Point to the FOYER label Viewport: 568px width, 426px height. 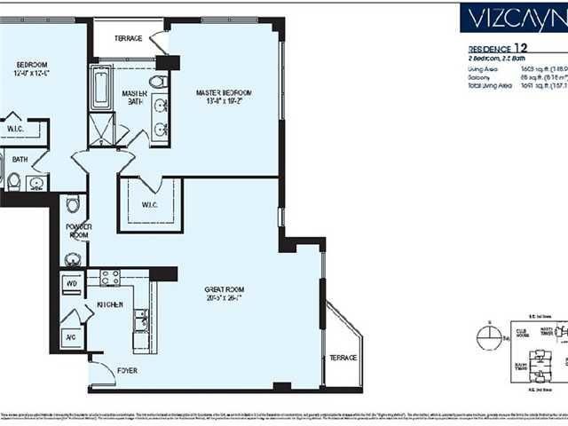tap(127, 369)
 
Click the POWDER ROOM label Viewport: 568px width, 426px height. tap(79, 230)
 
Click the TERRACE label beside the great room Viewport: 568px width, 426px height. tap(343, 357)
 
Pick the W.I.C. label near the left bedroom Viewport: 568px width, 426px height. tap(15, 128)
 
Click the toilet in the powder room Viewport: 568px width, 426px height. tap(74, 205)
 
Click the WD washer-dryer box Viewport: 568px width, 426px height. tap(72, 284)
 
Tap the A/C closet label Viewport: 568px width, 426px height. tap(70, 337)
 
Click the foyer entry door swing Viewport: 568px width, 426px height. tap(102, 373)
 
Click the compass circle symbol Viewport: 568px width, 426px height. tap(484, 335)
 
